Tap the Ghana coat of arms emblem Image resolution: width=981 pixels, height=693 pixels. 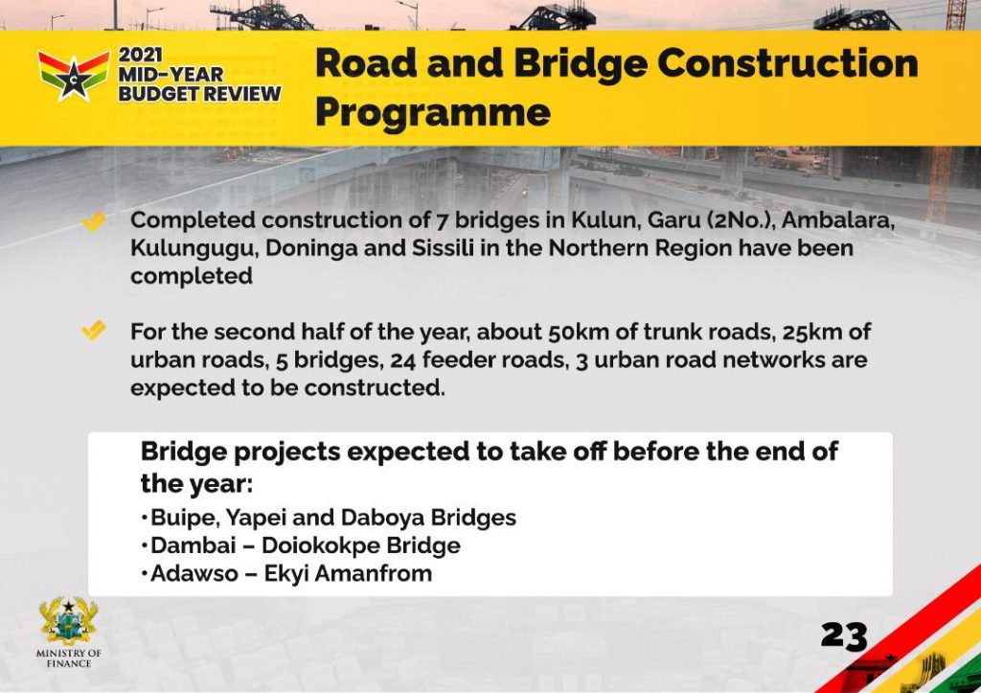click(69, 621)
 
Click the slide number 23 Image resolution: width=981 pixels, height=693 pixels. click(844, 636)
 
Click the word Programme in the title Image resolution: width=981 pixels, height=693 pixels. click(433, 113)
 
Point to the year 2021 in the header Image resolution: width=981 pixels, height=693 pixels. click(141, 55)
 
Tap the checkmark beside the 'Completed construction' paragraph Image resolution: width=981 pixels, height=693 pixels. click(94, 222)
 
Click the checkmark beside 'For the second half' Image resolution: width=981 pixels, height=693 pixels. click(94, 330)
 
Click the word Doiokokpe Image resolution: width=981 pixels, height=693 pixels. click(320, 546)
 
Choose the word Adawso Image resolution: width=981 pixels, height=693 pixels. click(194, 573)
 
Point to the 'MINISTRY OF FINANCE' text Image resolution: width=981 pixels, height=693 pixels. click(69, 658)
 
